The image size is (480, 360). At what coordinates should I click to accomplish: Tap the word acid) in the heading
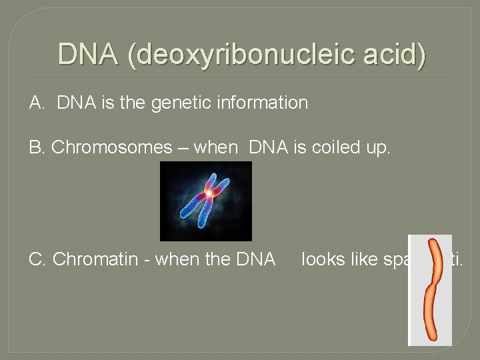[x=398, y=54]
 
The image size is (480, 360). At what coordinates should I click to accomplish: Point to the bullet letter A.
[x=36, y=103]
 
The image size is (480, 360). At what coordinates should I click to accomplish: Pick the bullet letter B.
[x=36, y=147]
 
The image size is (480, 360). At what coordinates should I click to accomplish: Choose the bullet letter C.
[x=37, y=259]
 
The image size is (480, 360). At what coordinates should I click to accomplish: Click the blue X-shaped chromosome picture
[x=205, y=201]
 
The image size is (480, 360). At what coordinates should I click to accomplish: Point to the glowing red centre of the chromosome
[x=209, y=193]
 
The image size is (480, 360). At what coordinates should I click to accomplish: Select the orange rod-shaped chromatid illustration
[x=431, y=290]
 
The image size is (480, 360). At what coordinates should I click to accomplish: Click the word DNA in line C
[x=256, y=259]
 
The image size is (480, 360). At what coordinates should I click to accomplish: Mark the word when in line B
[x=215, y=147]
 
